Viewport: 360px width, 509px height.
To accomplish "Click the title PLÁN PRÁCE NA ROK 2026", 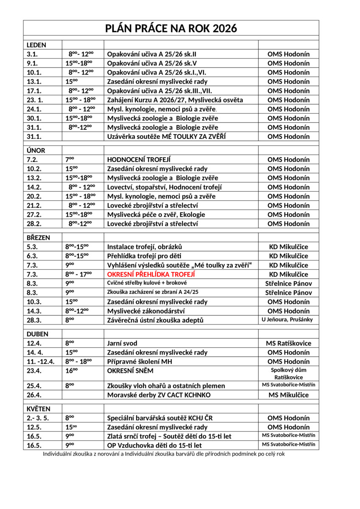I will point(171,28).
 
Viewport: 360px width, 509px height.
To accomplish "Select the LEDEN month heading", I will point(37,45).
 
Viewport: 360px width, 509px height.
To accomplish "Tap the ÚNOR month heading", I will point(36,150).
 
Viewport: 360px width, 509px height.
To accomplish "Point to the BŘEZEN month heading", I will point(38,238).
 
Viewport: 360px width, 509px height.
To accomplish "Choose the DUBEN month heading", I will point(37,334).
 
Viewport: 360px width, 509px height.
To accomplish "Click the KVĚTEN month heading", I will point(38,409).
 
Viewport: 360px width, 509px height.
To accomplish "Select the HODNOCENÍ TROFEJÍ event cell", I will point(139,159).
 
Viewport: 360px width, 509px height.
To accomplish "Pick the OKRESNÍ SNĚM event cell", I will point(130,371).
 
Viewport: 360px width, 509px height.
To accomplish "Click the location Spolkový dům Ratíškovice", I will point(288,373).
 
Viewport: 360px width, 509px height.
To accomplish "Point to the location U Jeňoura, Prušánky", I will point(288,319).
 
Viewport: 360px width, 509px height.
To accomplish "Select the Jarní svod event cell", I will point(122,343).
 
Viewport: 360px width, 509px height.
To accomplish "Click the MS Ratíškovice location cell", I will point(288,343).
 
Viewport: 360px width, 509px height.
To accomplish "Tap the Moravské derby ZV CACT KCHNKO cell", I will point(159,395).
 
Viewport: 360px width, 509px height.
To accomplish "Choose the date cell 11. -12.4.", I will point(41,361).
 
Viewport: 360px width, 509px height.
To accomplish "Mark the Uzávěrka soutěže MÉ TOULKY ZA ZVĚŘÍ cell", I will point(166,137).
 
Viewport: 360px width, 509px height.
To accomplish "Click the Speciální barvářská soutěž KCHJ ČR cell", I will point(160,418).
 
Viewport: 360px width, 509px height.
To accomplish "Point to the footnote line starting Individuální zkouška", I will point(163,454).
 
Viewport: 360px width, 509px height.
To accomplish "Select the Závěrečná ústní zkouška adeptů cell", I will point(155,320).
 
